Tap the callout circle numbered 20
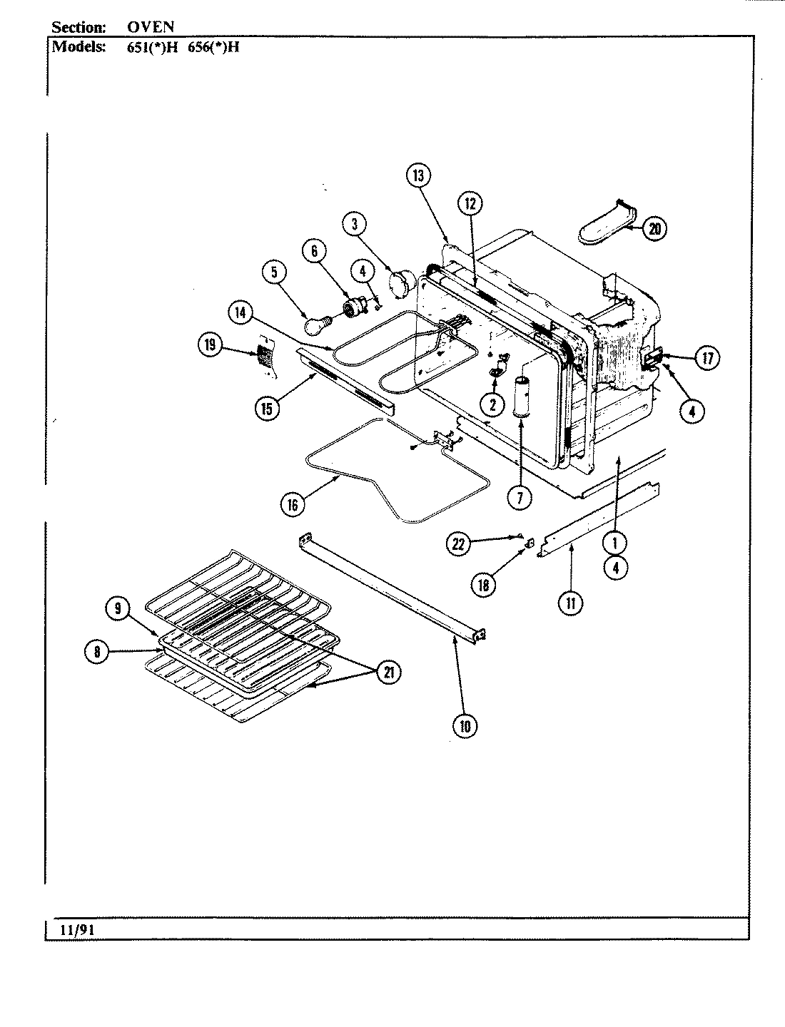coord(654,229)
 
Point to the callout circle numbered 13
coord(418,175)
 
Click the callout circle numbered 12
coord(469,204)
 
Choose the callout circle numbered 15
coord(267,408)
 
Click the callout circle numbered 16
coord(292,504)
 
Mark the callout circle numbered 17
coord(706,358)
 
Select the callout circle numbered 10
coord(465,726)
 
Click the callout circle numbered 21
coord(388,672)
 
